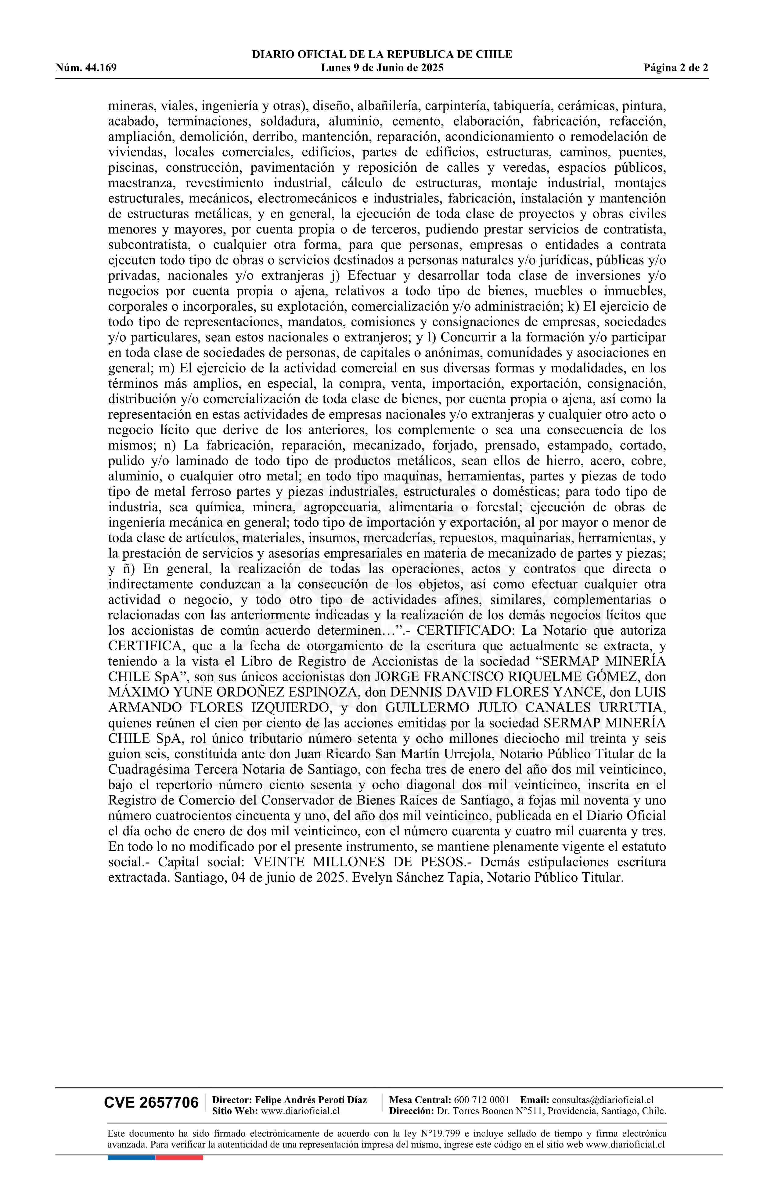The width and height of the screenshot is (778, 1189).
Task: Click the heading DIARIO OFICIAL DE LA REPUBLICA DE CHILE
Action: click(x=382, y=55)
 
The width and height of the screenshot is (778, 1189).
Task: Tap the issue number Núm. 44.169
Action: click(x=86, y=68)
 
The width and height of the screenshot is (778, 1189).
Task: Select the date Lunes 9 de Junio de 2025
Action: click(x=382, y=68)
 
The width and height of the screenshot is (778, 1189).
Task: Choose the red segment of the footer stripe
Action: click(x=179, y=1157)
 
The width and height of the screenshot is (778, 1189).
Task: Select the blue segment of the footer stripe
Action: click(x=131, y=1157)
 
